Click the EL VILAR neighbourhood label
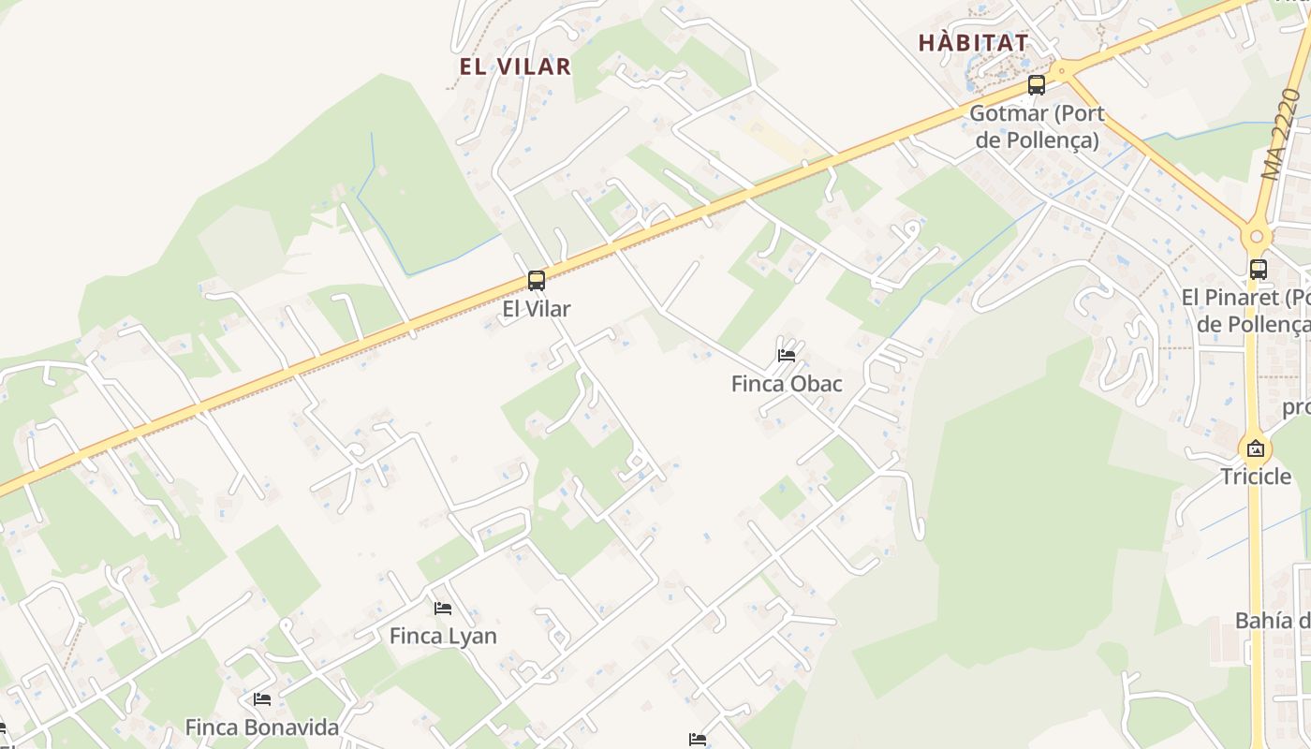coord(515,66)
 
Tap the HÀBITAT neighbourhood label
coord(973,42)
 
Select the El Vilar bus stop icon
coord(537,280)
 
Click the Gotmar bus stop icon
coord(1036,85)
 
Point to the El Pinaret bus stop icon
coord(1259,270)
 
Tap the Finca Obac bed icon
coord(787,356)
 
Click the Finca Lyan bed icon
coord(443,609)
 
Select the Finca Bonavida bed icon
coord(262,699)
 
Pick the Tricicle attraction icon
coord(1256,448)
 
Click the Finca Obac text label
coord(787,384)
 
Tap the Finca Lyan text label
coord(443,636)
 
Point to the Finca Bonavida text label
coord(261,727)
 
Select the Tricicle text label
coord(1256,477)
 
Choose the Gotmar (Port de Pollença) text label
coord(1037,126)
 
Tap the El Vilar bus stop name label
coord(537,308)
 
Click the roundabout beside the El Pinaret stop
coord(1256,237)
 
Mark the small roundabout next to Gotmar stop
coord(1061,69)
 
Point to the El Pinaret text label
coord(1245,311)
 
